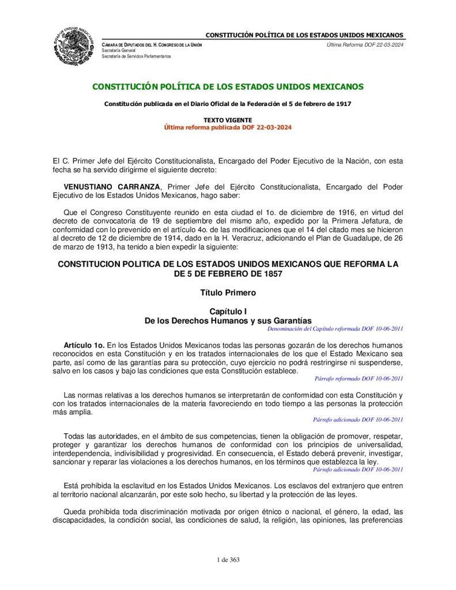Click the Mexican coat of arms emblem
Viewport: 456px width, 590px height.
pos(76,46)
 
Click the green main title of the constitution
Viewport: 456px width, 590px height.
pos(228,87)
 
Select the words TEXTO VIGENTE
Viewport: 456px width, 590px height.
pos(228,120)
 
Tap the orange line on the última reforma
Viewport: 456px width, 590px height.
pos(228,127)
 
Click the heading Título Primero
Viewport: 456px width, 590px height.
pos(228,293)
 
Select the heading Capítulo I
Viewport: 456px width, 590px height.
pos(228,311)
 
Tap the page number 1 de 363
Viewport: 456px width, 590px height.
pos(228,560)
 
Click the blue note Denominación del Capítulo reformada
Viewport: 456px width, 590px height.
pos(336,328)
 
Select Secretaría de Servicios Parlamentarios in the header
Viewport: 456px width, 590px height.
pos(136,56)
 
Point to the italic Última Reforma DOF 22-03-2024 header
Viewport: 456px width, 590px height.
pos(364,44)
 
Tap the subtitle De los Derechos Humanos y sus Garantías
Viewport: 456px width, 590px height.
pos(228,320)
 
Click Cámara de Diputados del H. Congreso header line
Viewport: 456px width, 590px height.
pos(152,44)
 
